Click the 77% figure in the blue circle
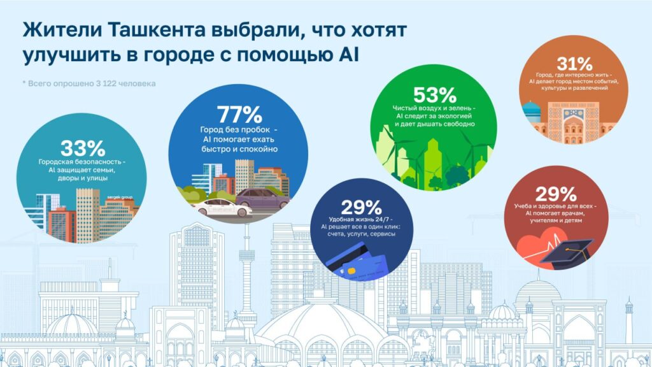click(239, 115)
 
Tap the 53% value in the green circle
click(434, 96)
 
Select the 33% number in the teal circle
click(83, 148)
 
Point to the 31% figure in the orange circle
click(574, 64)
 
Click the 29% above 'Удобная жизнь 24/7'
click(361, 208)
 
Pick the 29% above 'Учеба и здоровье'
click(555, 194)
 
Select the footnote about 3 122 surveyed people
click(89, 83)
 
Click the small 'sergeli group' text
click(120, 197)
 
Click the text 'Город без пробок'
click(236, 130)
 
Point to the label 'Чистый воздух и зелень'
click(432, 108)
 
